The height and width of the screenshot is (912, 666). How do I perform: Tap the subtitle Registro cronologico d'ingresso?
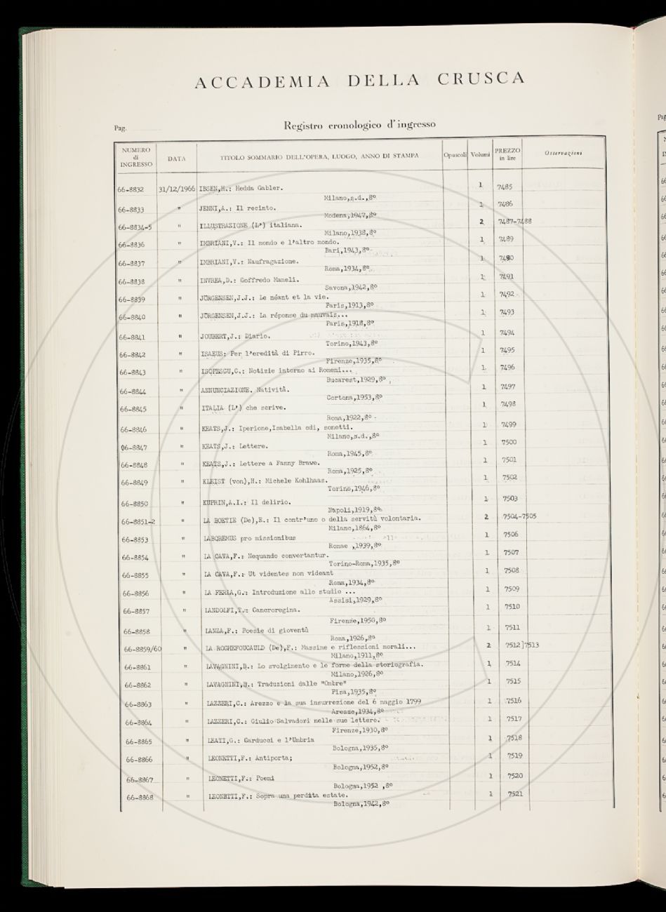(359, 125)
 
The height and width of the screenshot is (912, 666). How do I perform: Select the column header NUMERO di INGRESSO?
(135, 157)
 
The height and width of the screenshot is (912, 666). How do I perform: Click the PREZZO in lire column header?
(507, 154)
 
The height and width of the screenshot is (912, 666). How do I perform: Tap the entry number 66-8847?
(133, 446)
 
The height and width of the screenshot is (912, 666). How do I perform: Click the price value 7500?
(510, 442)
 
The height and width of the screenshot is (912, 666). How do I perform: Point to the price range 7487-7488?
(515, 222)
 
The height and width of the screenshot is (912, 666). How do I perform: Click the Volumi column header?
(480, 154)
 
